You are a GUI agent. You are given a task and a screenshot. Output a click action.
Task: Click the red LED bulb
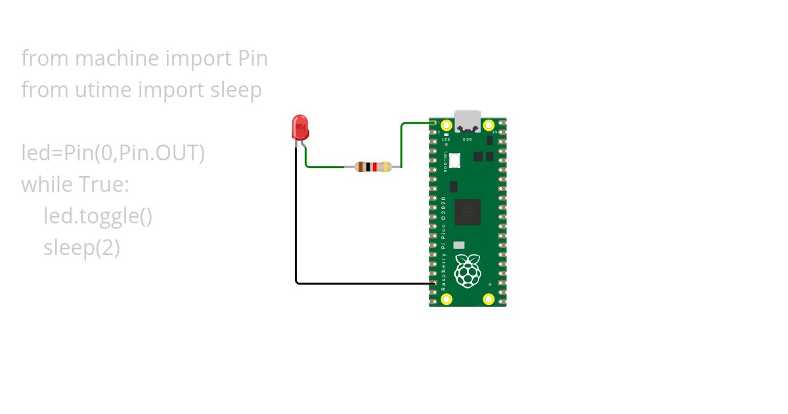pos(299,127)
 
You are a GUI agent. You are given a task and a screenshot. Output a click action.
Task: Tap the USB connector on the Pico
pos(468,121)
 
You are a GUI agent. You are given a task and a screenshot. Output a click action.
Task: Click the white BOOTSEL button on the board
pos(456,160)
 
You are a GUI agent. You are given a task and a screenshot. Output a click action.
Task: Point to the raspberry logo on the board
pos(468,271)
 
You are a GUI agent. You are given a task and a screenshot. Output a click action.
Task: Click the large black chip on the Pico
pos(468,212)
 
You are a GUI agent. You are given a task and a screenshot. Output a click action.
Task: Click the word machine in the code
pos(118,58)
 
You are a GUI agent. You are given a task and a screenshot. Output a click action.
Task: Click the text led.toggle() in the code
pos(98,216)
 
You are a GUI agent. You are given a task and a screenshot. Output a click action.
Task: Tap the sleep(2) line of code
pos(81,248)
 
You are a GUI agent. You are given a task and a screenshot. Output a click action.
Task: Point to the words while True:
pos(75,185)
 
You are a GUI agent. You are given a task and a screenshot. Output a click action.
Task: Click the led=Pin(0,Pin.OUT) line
pos(113,153)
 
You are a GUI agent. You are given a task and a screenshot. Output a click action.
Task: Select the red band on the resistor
pos(374,167)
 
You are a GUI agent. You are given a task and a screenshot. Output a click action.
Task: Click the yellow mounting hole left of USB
pos(447,125)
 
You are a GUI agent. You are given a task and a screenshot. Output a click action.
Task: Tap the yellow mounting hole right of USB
pos(489,125)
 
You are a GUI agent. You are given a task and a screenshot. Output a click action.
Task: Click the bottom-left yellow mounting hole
pos(447,299)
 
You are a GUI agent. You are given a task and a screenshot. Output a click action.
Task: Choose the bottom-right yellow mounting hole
pos(489,299)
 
